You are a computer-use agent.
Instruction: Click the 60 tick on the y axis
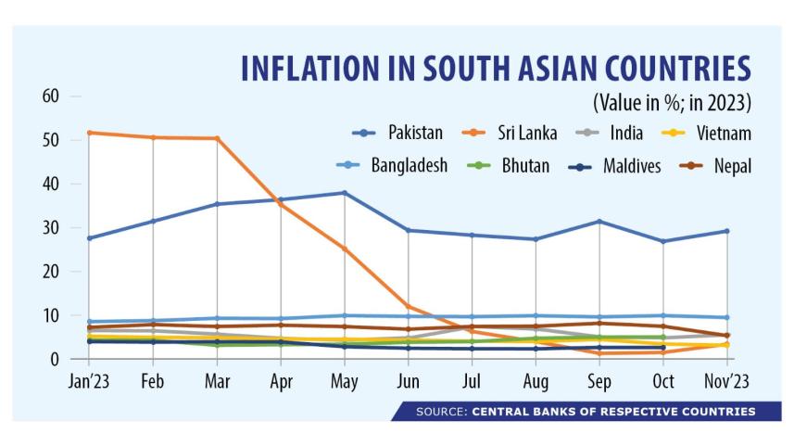[50, 96]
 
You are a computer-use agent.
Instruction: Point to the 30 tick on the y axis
[50, 228]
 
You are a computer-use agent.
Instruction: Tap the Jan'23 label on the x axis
[90, 381]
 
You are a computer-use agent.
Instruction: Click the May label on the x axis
[344, 381]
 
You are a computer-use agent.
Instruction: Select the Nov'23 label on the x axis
[725, 381]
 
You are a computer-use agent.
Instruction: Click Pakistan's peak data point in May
[344, 193]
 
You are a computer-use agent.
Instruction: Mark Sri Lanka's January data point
[90, 133]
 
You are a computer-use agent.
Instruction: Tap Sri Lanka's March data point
[217, 138]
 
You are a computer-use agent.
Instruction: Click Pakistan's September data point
[599, 221]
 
